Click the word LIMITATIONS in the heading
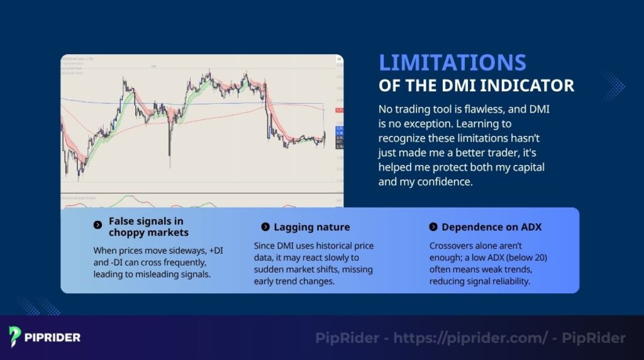click(452, 63)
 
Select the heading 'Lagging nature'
click(311, 227)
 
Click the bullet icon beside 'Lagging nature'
click(265, 227)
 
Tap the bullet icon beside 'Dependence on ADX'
click(433, 227)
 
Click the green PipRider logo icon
click(16, 337)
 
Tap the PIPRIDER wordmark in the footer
click(53, 337)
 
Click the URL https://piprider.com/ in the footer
click(468, 338)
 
